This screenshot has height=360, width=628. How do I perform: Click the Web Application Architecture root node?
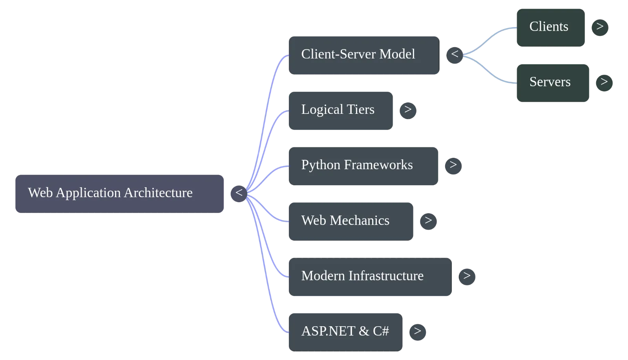point(119,194)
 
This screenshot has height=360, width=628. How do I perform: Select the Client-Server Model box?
point(364,55)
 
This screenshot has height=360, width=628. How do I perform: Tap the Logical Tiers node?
point(341,111)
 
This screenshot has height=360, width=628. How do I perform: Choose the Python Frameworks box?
point(363,166)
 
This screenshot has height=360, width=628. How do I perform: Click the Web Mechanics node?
point(351,221)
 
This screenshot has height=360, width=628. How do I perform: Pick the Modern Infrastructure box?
point(370,277)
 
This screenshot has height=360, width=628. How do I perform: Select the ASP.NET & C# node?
point(345,332)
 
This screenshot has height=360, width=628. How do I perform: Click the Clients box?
point(551,27)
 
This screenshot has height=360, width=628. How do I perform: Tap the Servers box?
point(553,83)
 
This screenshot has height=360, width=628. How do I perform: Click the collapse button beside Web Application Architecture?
point(239,194)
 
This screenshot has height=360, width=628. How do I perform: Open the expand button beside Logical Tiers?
point(408,111)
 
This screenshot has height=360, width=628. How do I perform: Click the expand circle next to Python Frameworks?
point(453,166)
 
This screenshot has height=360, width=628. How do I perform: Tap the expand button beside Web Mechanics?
point(428,221)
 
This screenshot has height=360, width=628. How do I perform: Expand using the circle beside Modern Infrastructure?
point(467,277)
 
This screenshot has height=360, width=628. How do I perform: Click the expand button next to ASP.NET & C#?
point(418,332)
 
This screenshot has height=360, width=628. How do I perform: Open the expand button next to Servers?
point(604,83)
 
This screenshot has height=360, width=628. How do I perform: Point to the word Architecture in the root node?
point(158,193)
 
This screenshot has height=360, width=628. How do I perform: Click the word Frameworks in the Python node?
point(378,164)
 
